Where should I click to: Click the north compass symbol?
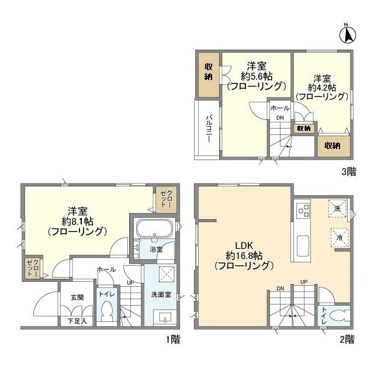click(348, 34)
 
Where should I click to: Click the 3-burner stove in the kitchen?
click(303, 209)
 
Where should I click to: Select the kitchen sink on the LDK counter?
click(303, 245)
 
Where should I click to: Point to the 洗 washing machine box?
click(337, 209)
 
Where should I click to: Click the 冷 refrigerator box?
click(340, 237)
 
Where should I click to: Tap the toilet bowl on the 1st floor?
click(106, 310)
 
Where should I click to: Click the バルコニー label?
click(209, 129)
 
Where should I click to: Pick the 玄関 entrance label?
click(77, 297)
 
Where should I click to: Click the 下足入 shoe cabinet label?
click(77, 321)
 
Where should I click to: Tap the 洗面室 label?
click(161, 295)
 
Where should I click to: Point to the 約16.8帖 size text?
click(244, 256)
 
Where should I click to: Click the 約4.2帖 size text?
click(322, 88)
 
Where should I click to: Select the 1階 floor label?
click(173, 340)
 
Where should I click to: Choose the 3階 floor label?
click(349, 171)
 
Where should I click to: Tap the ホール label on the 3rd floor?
click(280, 108)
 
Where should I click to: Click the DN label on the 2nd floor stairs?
click(280, 289)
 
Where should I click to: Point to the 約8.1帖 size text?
click(78, 222)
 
